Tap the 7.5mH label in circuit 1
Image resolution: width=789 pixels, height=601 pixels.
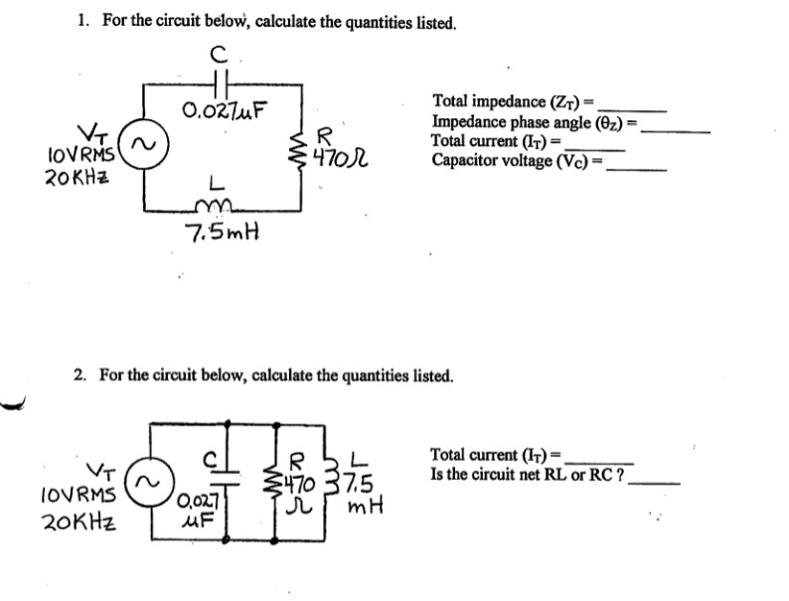point(223,234)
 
